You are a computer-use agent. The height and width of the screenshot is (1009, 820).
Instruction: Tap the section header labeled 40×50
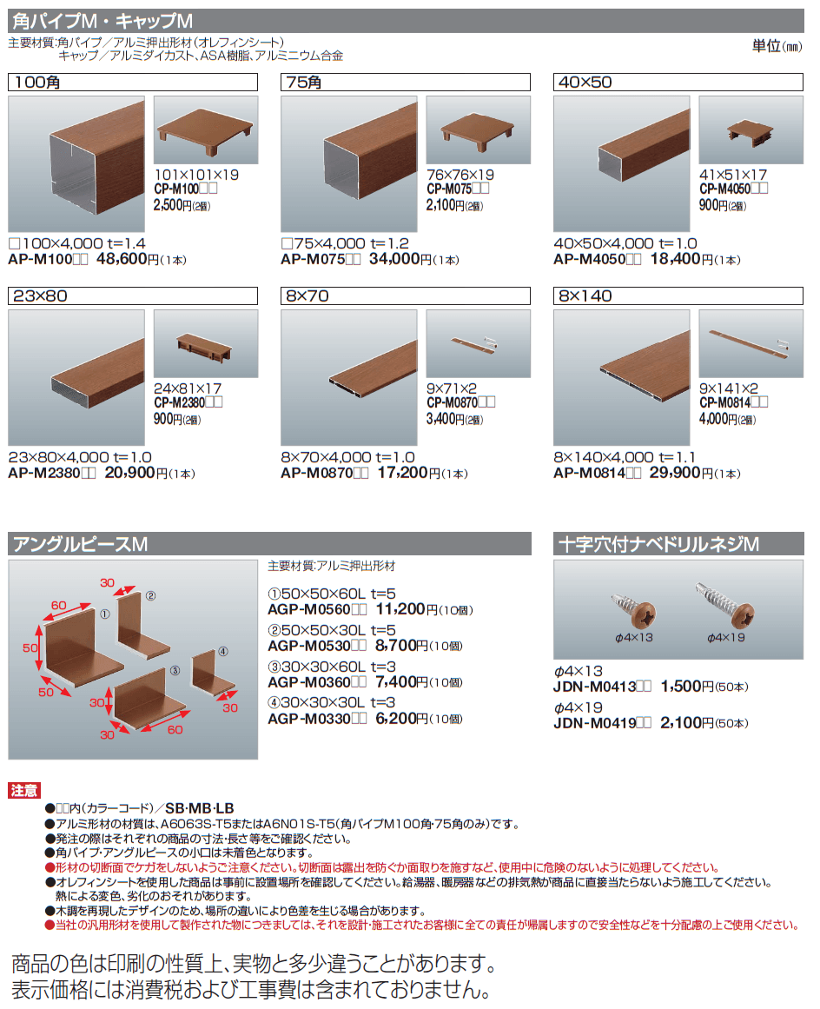coord(678,83)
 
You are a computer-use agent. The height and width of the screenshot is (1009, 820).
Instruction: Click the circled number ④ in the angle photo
coord(222,651)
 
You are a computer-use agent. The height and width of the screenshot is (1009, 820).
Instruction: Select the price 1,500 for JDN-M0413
coord(683,687)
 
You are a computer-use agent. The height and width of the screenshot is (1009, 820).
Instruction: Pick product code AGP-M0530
coord(308,647)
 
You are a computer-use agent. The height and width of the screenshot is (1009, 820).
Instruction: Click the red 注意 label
coord(24,791)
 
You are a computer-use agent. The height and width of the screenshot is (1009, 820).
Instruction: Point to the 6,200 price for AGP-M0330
coord(395,719)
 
